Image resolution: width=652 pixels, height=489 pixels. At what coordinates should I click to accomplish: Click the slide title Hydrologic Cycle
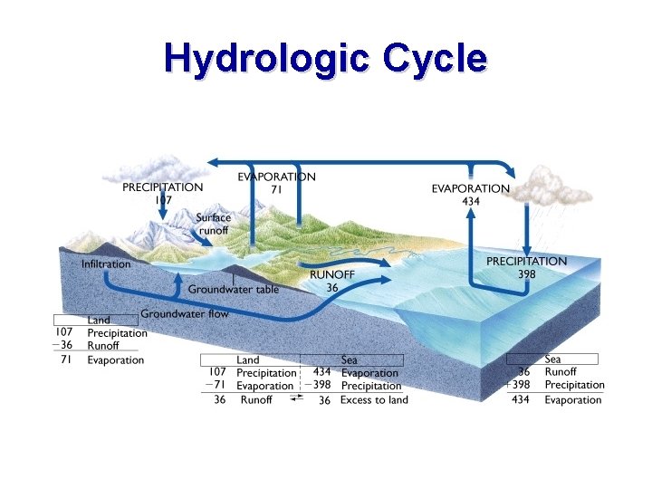click(325, 58)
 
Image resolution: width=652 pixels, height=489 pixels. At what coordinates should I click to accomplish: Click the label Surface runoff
click(214, 224)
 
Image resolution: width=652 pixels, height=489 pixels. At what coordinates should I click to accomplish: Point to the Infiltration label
click(106, 264)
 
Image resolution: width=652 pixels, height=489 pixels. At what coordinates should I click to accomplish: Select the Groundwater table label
click(234, 290)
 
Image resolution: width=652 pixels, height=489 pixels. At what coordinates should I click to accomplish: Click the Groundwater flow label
click(185, 313)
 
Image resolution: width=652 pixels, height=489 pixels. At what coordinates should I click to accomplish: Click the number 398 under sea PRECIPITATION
click(527, 273)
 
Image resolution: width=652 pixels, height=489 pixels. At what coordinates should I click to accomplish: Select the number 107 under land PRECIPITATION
click(162, 199)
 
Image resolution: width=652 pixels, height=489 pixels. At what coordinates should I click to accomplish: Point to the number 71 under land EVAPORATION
click(276, 190)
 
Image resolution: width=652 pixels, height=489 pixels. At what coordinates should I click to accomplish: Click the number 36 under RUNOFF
click(331, 287)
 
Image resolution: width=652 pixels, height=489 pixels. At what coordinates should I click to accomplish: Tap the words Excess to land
click(374, 399)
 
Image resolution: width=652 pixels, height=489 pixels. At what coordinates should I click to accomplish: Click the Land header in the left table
click(99, 320)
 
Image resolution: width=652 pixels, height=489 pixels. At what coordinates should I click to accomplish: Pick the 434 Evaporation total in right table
click(521, 399)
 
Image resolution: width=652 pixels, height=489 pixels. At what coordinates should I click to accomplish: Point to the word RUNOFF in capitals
click(332, 274)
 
